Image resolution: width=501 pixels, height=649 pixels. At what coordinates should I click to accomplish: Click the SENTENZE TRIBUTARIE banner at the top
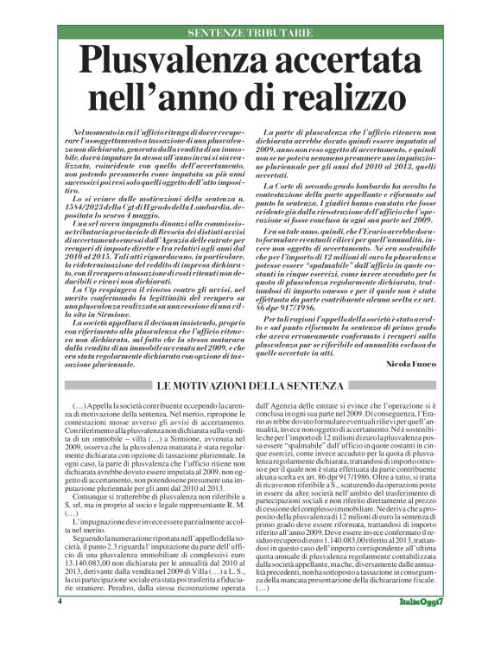[250, 34]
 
